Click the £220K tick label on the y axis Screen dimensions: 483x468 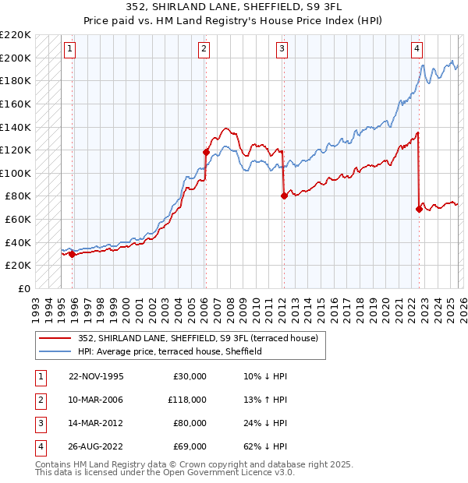coord(16,35)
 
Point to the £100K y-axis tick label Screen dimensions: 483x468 coord(16,173)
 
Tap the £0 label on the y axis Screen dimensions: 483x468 coord(25,288)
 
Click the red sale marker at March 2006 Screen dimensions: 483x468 coord(206,153)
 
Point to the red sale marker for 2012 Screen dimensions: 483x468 coord(284,196)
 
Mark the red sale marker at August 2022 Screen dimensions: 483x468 coord(419,209)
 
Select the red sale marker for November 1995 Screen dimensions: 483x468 coord(72,254)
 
